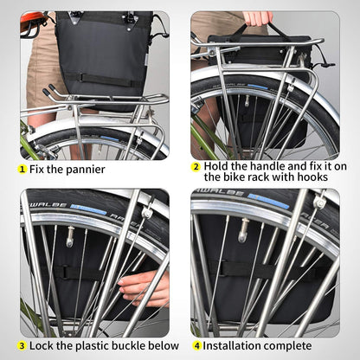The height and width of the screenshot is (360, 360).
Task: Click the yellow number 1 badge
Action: click(22, 169)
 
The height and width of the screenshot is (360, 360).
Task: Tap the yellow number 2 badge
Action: click(196, 166)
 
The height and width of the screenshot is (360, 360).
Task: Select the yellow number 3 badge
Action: click(22, 344)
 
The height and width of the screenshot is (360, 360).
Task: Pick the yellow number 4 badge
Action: click(196, 344)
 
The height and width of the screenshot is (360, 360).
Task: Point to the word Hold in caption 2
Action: click(216, 166)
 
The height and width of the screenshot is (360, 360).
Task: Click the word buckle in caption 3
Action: click(119, 344)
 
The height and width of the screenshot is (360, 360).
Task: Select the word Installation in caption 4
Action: click(234, 344)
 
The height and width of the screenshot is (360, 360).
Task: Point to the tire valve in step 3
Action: click(70, 235)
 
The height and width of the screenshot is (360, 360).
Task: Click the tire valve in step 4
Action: click(245, 230)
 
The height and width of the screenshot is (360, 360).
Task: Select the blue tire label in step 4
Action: click(259, 202)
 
